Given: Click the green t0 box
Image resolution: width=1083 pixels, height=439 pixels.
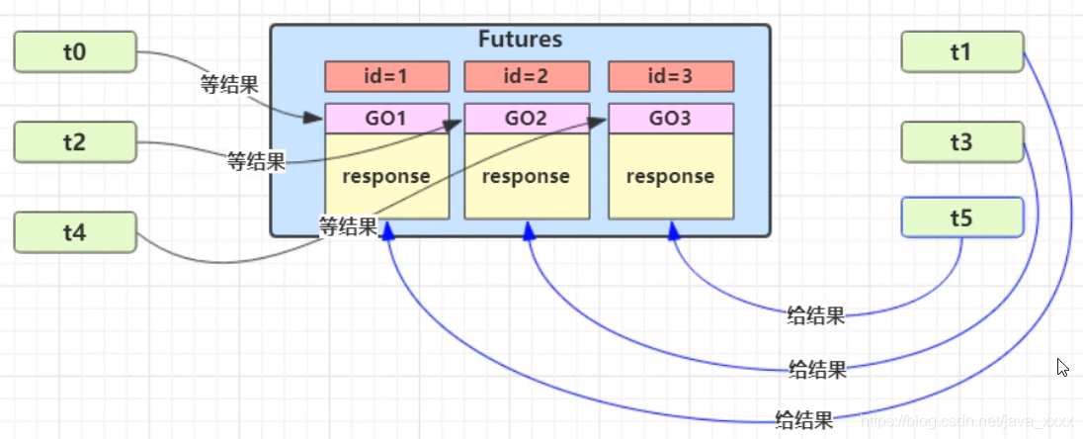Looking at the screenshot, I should [x=74, y=51].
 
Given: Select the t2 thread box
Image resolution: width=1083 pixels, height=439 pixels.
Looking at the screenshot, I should [x=74, y=141].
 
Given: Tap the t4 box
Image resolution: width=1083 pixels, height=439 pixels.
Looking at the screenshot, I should [x=74, y=232].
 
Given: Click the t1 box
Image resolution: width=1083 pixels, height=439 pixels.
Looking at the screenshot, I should [x=961, y=51].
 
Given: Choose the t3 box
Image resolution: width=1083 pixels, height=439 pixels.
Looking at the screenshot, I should [x=961, y=142].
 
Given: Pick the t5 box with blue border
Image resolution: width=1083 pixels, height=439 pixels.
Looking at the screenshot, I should [x=961, y=218].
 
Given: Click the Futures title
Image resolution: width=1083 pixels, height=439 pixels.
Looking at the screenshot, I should [x=520, y=41].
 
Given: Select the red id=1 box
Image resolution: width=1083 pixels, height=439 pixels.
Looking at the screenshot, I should [x=386, y=76].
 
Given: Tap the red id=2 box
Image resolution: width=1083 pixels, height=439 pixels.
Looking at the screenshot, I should [x=527, y=76].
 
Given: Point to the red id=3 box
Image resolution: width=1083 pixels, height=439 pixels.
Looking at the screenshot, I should [x=671, y=76].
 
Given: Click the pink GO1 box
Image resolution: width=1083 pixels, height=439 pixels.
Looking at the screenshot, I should [x=386, y=119].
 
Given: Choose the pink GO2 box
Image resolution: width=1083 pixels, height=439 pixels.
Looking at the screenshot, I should [x=527, y=119].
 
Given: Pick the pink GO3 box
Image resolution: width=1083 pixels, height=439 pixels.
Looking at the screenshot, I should [x=671, y=119].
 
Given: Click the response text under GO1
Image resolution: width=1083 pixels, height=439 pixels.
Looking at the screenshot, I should [x=386, y=177].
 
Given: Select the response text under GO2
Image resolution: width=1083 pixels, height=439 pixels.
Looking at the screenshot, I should [x=527, y=177].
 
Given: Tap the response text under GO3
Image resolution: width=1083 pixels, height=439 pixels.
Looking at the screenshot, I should [x=671, y=177].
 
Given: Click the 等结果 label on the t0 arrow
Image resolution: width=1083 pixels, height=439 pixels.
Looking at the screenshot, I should [x=229, y=85].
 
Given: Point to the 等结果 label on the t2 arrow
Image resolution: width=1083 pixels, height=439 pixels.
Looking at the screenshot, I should [x=256, y=160].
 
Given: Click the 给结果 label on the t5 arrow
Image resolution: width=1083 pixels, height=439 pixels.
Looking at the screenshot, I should [x=815, y=316].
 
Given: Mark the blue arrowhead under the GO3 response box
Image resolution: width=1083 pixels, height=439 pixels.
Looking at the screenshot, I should [x=674, y=230].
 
